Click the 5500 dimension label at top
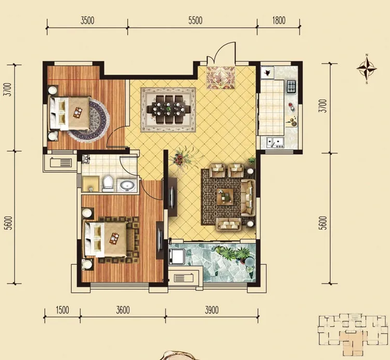pyautogui.click(x=195, y=20)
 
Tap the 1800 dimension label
pyautogui.click(x=279, y=20)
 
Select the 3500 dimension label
pyautogui.click(x=87, y=20)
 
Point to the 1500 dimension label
pyautogui.click(x=62, y=310)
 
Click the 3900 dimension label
pyautogui.click(x=212, y=310)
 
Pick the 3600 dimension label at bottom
pyautogui.click(x=123, y=310)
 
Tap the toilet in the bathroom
pyautogui.click(x=108, y=183)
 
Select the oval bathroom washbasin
pyautogui.click(x=127, y=185)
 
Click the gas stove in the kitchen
pyautogui.click(x=291, y=86)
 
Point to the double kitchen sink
pyautogui.click(x=275, y=143)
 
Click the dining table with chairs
pyautogui.click(x=168, y=109)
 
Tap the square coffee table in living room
pyautogui.click(x=225, y=197)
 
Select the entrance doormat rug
pyautogui.click(x=220, y=77)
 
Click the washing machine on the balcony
pyautogui.click(x=177, y=256)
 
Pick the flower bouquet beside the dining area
pyautogui.click(x=184, y=158)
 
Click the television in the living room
pyautogui.click(x=172, y=197)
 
